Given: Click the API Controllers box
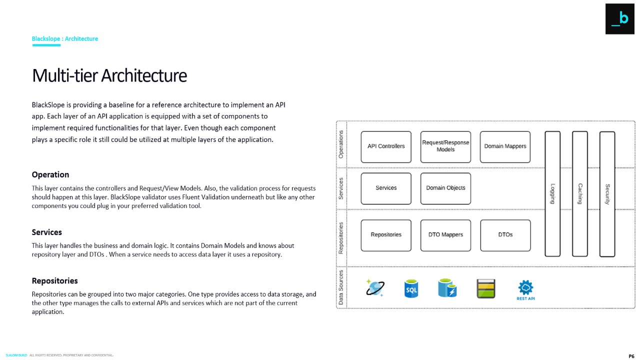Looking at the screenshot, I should (x=386, y=146).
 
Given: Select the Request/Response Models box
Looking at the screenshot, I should (x=445, y=146).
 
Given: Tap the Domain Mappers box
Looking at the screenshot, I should (x=505, y=146).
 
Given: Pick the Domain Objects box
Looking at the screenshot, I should (x=445, y=188).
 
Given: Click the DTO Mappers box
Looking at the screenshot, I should (x=445, y=235).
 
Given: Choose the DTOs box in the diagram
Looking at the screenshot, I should (x=505, y=235).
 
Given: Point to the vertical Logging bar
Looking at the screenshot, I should (x=552, y=194).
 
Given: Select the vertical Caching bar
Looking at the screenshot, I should (x=580, y=194).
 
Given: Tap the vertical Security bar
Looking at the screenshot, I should (x=607, y=194).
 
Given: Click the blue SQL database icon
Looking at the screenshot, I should (x=411, y=289).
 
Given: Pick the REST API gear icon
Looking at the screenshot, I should (x=525, y=289).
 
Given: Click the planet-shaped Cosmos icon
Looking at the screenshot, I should (x=374, y=288).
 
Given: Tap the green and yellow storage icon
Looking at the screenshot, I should (x=485, y=289).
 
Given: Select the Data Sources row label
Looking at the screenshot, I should (x=341, y=287).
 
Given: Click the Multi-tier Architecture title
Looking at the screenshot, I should (x=109, y=75).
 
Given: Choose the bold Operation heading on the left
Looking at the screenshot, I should (x=50, y=174).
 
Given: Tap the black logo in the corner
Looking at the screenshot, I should (x=619, y=19).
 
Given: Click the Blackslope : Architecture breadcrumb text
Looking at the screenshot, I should (x=65, y=38).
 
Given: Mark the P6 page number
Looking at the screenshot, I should (x=631, y=356).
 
